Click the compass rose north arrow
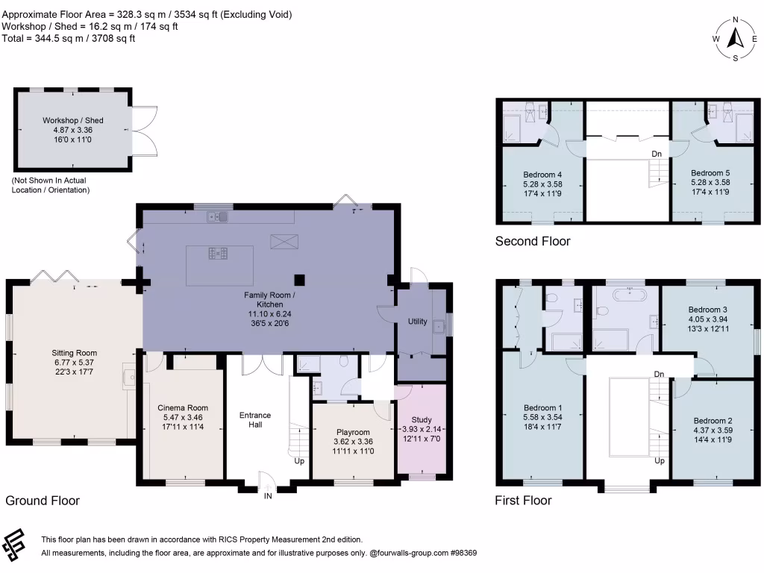[x=735, y=38]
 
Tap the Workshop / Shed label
[x=73, y=120]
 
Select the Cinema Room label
[x=183, y=408]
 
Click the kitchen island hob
[x=218, y=254]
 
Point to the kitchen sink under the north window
[x=218, y=217]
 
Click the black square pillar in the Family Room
[x=299, y=280]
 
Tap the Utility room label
[x=418, y=321]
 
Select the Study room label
[x=422, y=419]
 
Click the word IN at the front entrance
[x=268, y=496]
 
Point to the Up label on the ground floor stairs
[x=299, y=461]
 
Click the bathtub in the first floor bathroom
[x=630, y=295]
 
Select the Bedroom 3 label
[x=708, y=310]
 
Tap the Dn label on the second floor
[x=657, y=154]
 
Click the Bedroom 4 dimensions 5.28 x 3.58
[x=543, y=184]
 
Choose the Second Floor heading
[x=533, y=241]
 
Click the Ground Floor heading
[x=43, y=501]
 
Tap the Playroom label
[x=353, y=432]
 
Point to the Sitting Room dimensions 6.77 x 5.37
[x=74, y=363]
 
